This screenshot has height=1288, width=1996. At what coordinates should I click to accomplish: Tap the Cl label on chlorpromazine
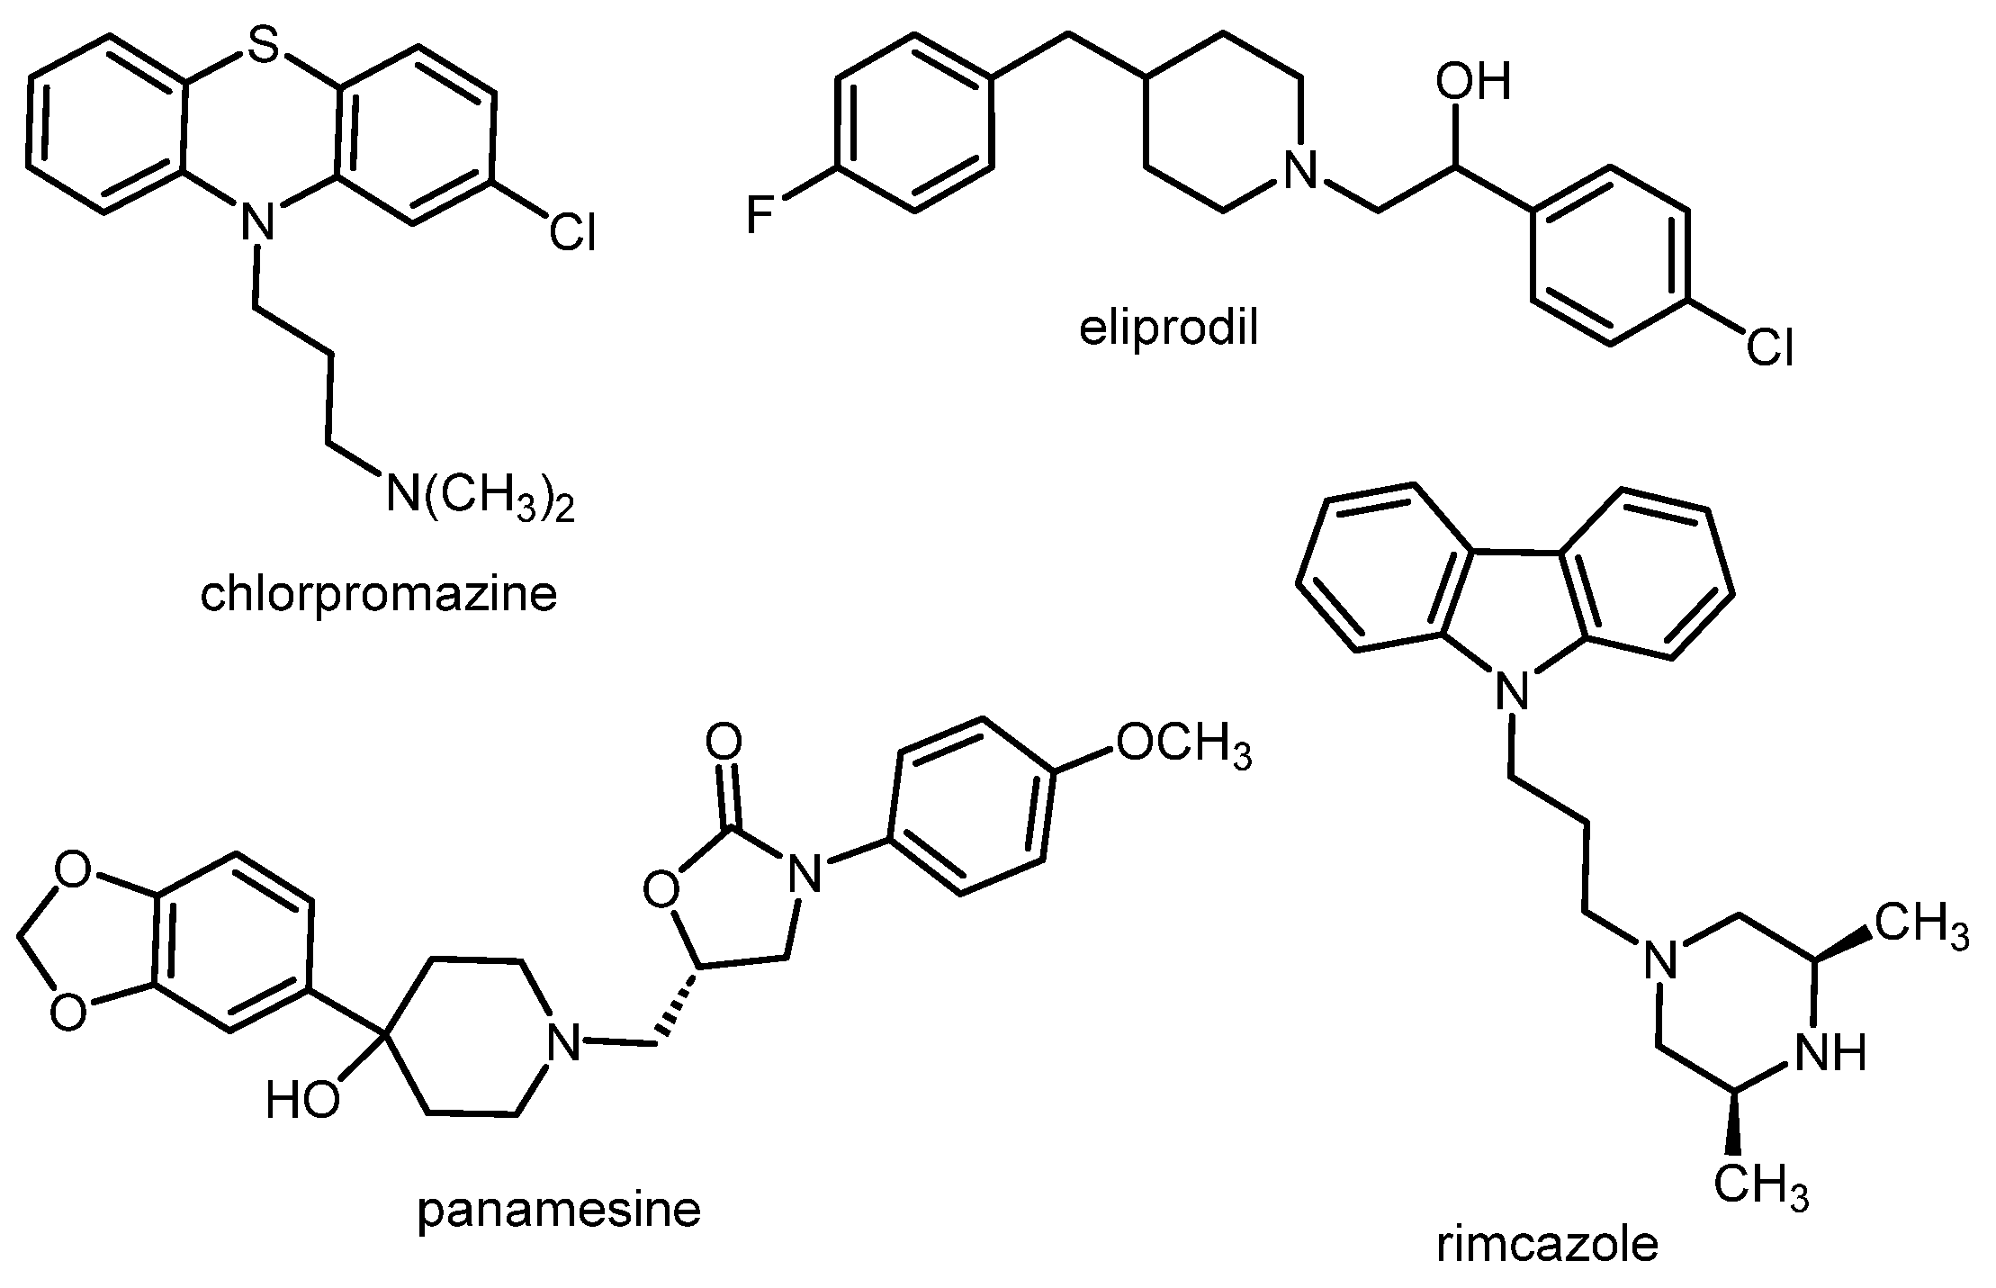pyautogui.click(x=572, y=233)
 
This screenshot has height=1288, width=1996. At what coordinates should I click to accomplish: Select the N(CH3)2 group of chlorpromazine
pyautogui.click(x=480, y=496)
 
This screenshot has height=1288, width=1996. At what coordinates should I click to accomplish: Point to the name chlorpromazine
pyautogui.click(x=379, y=595)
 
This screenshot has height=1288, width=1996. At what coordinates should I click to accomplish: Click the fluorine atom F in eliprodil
pyautogui.click(x=762, y=217)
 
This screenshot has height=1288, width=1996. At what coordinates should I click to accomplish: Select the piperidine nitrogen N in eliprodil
pyautogui.click(x=1299, y=169)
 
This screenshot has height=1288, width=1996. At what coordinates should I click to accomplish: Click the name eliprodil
pyautogui.click(x=1169, y=329)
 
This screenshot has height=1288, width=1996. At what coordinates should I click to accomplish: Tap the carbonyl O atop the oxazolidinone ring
pyautogui.click(x=724, y=743)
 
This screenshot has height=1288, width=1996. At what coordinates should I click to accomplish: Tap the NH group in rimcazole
pyautogui.click(x=1830, y=1051)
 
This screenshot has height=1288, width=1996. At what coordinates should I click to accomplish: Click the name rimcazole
pyautogui.click(x=1547, y=1245)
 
